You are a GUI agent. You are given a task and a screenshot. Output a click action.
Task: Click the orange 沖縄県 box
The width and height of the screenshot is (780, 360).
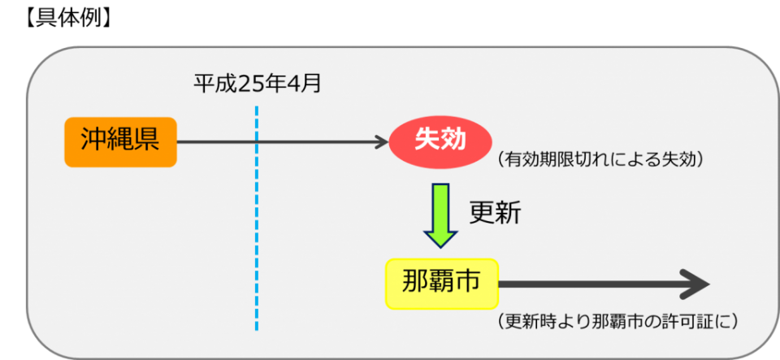pyautogui.click(x=120, y=142)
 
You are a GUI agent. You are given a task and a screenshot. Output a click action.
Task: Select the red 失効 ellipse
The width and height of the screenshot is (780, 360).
pyautogui.click(x=440, y=141)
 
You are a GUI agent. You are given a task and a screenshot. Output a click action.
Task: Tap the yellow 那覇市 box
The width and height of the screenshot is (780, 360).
pyautogui.click(x=441, y=284)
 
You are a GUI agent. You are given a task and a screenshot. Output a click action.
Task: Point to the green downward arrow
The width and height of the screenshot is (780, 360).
pyautogui.click(x=441, y=213)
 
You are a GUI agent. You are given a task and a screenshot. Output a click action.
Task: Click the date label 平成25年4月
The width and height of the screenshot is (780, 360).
pyautogui.click(x=257, y=83)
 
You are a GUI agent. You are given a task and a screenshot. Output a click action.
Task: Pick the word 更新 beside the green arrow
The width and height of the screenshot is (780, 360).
pyautogui.click(x=495, y=213)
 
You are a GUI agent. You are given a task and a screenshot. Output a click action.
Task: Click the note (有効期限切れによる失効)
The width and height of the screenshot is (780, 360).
pyautogui.click(x=599, y=159)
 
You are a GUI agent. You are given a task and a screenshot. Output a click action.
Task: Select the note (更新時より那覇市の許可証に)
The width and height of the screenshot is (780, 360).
pyautogui.click(x=617, y=321)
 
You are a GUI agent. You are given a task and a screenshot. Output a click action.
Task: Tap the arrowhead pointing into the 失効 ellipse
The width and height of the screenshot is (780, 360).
pyautogui.click(x=383, y=142)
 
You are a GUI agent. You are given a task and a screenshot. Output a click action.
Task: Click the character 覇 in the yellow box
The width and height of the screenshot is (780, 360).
pyautogui.click(x=441, y=282)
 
